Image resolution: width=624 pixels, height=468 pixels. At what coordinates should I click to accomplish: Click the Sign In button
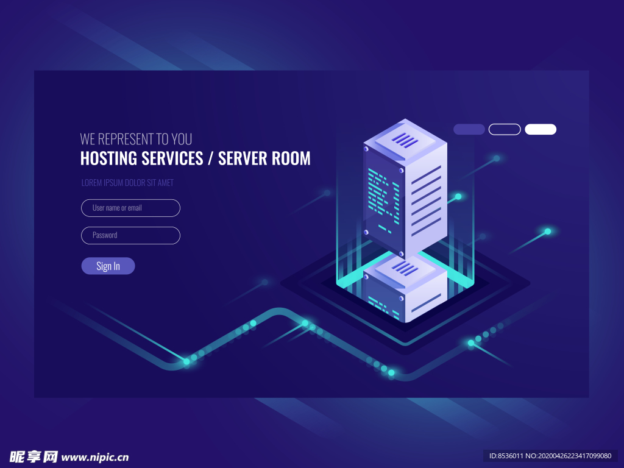108,266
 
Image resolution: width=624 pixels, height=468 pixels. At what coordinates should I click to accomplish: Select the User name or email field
130,208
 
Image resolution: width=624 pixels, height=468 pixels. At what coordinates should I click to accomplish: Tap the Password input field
130,235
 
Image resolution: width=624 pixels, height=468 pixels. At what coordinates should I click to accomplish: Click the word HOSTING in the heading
108,158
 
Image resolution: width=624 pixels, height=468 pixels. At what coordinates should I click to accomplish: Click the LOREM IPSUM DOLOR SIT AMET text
127,183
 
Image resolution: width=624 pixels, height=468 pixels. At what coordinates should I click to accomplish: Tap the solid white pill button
541,129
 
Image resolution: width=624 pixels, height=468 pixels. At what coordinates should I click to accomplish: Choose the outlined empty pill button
505,129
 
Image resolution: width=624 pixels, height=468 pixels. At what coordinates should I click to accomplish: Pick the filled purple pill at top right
469,129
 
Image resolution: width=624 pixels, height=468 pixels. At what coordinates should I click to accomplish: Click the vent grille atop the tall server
405,140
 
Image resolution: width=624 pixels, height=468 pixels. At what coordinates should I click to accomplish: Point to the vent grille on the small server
405,268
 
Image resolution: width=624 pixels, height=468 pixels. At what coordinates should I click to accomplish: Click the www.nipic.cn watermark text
95,457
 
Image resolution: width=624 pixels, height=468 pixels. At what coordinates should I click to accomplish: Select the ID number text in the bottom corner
550,456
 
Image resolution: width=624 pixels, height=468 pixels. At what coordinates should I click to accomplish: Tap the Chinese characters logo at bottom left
34,456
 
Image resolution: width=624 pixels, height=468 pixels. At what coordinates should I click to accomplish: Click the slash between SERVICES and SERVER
210,158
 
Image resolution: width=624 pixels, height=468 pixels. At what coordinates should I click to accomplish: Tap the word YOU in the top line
182,140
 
